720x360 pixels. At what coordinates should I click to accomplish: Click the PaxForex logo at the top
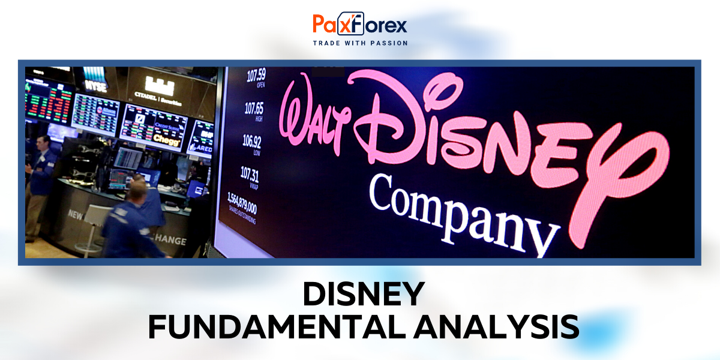pyautogui.click(x=360, y=25)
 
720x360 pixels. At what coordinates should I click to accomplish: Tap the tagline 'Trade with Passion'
pyautogui.click(x=360, y=43)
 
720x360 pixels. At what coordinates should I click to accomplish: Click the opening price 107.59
pyautogui.click(x=256, y=75)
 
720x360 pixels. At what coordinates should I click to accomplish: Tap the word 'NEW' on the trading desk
pyautogui.click(x=76, y=214)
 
